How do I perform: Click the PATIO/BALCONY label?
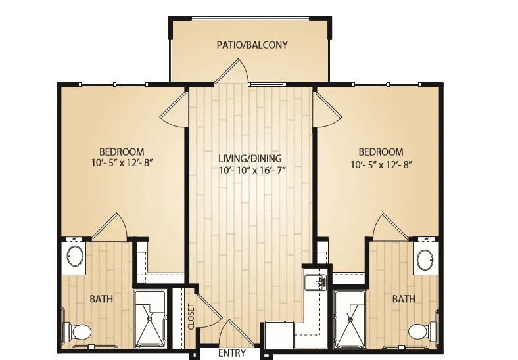(x=252, y=45)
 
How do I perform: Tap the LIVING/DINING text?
(x=250, y=158)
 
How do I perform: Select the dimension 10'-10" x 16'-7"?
(x=252, y=170)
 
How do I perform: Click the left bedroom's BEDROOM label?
(x=122, y=152)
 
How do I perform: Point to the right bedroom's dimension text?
(x=381, y=164)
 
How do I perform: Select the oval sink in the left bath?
(x=75, y=256)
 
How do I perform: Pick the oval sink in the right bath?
(x=425, y=260)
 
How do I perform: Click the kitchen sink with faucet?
(x=316, y=282)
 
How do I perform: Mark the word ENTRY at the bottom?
(x=232, y=353)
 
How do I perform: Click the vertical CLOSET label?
(x=191, y=317)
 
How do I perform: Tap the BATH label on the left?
(x=101, y=299)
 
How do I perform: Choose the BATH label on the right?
(x=404, y=299)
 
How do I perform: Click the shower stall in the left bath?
(x=150, y=319)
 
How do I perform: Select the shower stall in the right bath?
(x=350, y=319)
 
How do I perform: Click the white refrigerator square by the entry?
(x=279, y=335)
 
